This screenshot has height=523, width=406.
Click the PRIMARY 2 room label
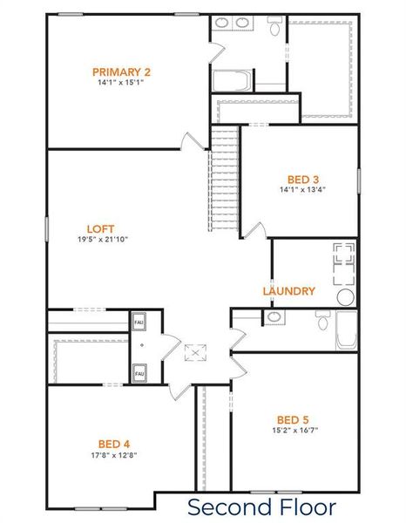pos(122,71)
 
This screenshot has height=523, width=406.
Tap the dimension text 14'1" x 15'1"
pos(122,84)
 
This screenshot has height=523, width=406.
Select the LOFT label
pos(101,228)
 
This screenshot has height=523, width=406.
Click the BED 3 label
pos(303,179)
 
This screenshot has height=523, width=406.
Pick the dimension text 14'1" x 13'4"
pos(303,190)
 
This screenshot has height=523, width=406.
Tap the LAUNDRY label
pos(288,291)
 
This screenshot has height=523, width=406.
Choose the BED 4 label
pos(114,443)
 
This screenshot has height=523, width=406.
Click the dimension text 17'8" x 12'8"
pos(114,454)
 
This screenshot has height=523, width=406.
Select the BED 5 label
pos(294,418)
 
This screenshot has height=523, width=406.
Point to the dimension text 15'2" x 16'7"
pos(294,430)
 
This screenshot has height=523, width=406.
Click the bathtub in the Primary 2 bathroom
pos(231,81)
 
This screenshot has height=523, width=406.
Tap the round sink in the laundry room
pos(345,296)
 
